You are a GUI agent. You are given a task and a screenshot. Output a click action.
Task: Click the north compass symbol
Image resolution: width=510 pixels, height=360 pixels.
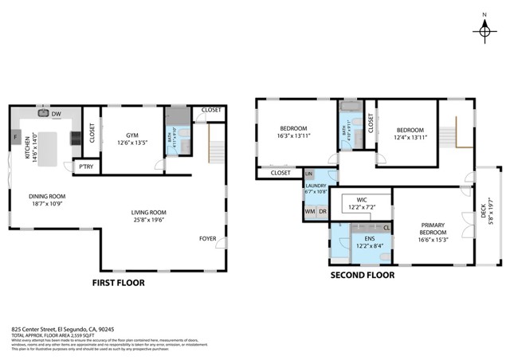pos(484,30)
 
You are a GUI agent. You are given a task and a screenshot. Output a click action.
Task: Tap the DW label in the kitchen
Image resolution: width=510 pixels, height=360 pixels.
pos(56,115)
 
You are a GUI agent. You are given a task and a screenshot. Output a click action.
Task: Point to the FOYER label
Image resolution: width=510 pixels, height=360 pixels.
pos(208,238)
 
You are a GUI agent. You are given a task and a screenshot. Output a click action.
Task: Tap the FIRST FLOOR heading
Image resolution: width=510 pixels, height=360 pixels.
pos(119,282)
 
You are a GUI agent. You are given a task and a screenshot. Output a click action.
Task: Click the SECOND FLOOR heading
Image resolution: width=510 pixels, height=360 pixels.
pos(363,276)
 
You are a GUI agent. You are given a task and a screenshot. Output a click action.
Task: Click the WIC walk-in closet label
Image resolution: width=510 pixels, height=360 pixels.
pos(362,200)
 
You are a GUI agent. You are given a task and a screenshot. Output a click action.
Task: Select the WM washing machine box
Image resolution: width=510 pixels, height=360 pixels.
pos(310,212)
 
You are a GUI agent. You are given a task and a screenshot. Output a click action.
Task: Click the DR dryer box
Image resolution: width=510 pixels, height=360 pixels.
pos(323,212)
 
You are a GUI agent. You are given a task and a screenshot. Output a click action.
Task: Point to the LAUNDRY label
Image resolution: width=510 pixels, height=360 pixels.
pos(316,185)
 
